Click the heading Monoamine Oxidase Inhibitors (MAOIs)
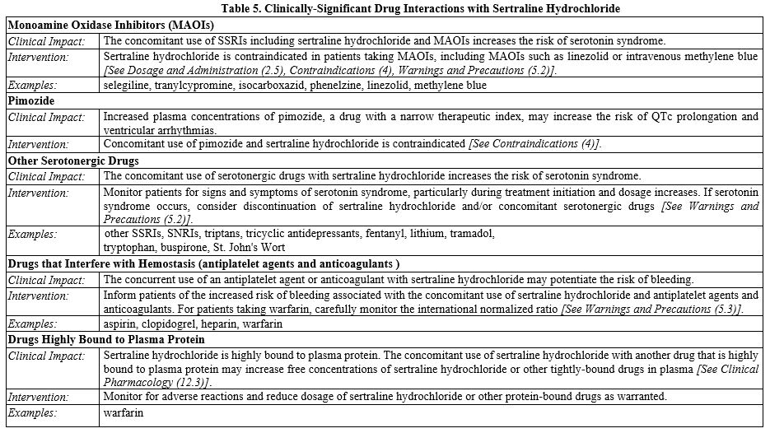tap(111, 24)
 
